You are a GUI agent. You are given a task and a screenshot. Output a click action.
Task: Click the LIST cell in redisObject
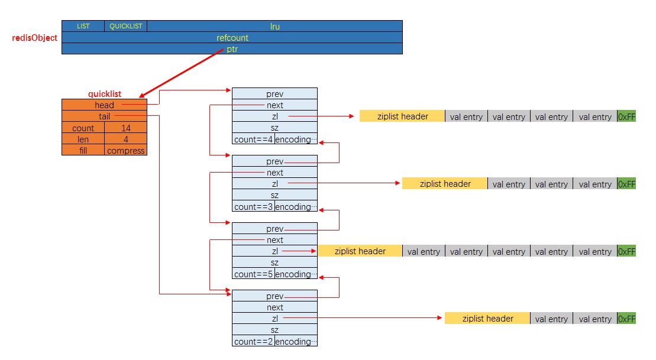point(83,26)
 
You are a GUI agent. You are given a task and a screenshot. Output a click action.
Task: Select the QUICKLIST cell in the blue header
point(126,26)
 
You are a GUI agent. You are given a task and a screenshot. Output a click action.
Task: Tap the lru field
point(274,26)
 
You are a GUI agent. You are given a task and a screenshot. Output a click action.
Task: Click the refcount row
point(232,37)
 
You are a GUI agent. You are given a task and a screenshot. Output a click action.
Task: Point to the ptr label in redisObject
point(232,49)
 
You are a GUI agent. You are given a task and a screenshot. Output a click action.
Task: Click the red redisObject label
point(35,38)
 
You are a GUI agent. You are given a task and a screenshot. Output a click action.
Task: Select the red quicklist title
point(105,93)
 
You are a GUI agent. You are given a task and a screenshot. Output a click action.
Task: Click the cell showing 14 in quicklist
point(125,128)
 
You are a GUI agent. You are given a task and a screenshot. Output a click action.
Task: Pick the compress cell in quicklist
point(125,150)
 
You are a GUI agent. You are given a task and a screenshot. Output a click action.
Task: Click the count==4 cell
point(253,140)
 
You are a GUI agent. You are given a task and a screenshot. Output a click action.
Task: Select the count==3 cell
point(253,207)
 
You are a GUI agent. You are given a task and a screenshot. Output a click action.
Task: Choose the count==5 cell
point(253,274)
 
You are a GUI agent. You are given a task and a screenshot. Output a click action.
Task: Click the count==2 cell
point(253,342)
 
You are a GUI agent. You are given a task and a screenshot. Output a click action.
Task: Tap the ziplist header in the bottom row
point(487,319)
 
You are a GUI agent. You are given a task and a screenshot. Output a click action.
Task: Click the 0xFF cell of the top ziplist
point(626,116)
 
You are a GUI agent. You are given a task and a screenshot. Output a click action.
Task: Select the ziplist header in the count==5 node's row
point(360,251)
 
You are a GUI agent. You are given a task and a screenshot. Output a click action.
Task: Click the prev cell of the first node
point(274,93)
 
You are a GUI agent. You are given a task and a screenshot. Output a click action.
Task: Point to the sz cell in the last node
point(274,330)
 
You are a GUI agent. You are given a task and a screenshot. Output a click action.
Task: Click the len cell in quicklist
point(83,139)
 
